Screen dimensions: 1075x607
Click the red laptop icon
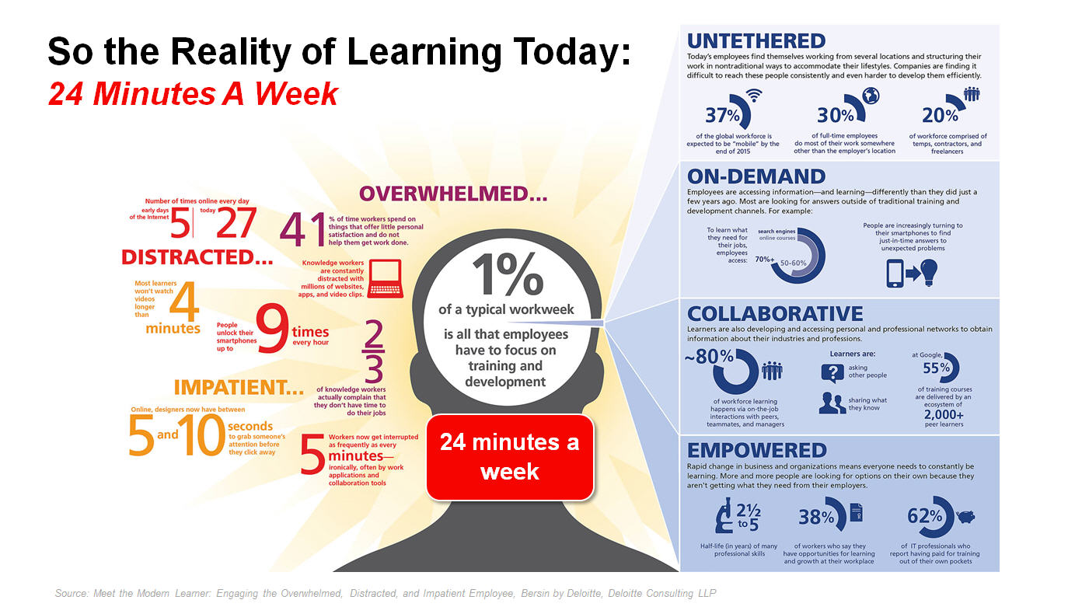pyautogui.click(x=386, y=278)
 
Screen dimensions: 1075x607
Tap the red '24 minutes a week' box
pyautogui.click(x=510, y=457)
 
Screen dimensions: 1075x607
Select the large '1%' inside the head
pyautogui.click(x=508, y=274)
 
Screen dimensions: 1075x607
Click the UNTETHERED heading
pyautogui.click(x=756, y=41)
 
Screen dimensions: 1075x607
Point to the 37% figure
pyautogui.click(x=722, y=115)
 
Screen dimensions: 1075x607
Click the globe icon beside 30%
pyautogui.click(x=871, y=96)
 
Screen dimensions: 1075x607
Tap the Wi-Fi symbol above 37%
pyautogui.click(x=754, y=95)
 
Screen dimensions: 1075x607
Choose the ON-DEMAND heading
pyautogui.click(x=756, y=176)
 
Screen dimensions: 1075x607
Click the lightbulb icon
pyautogui.click(x=929, y=273)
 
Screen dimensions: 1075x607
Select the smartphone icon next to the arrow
pyautogui.click(x=895, y=274)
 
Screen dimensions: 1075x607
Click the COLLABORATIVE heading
pyautogui.click(x=775, y=314)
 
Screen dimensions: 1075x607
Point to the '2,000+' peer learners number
pyautogui.click(x=944, y=414)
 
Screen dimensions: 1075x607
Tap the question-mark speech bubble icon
pyautogui.click(x=832, y=373)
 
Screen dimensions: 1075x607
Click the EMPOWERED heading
pyautogui.click(x=757, y=451)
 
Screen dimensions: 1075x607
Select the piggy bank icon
pyautogui.click(x=965, y=517)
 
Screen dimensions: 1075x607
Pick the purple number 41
pyautogui.click(x=303, y=229)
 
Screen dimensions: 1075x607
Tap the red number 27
pyautogui.click(x=236, y=222)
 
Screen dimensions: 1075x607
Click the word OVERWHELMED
pyautogui.click(x=453, y=194)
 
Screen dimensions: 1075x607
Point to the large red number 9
pyautogui.click(x=273, y=328)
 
